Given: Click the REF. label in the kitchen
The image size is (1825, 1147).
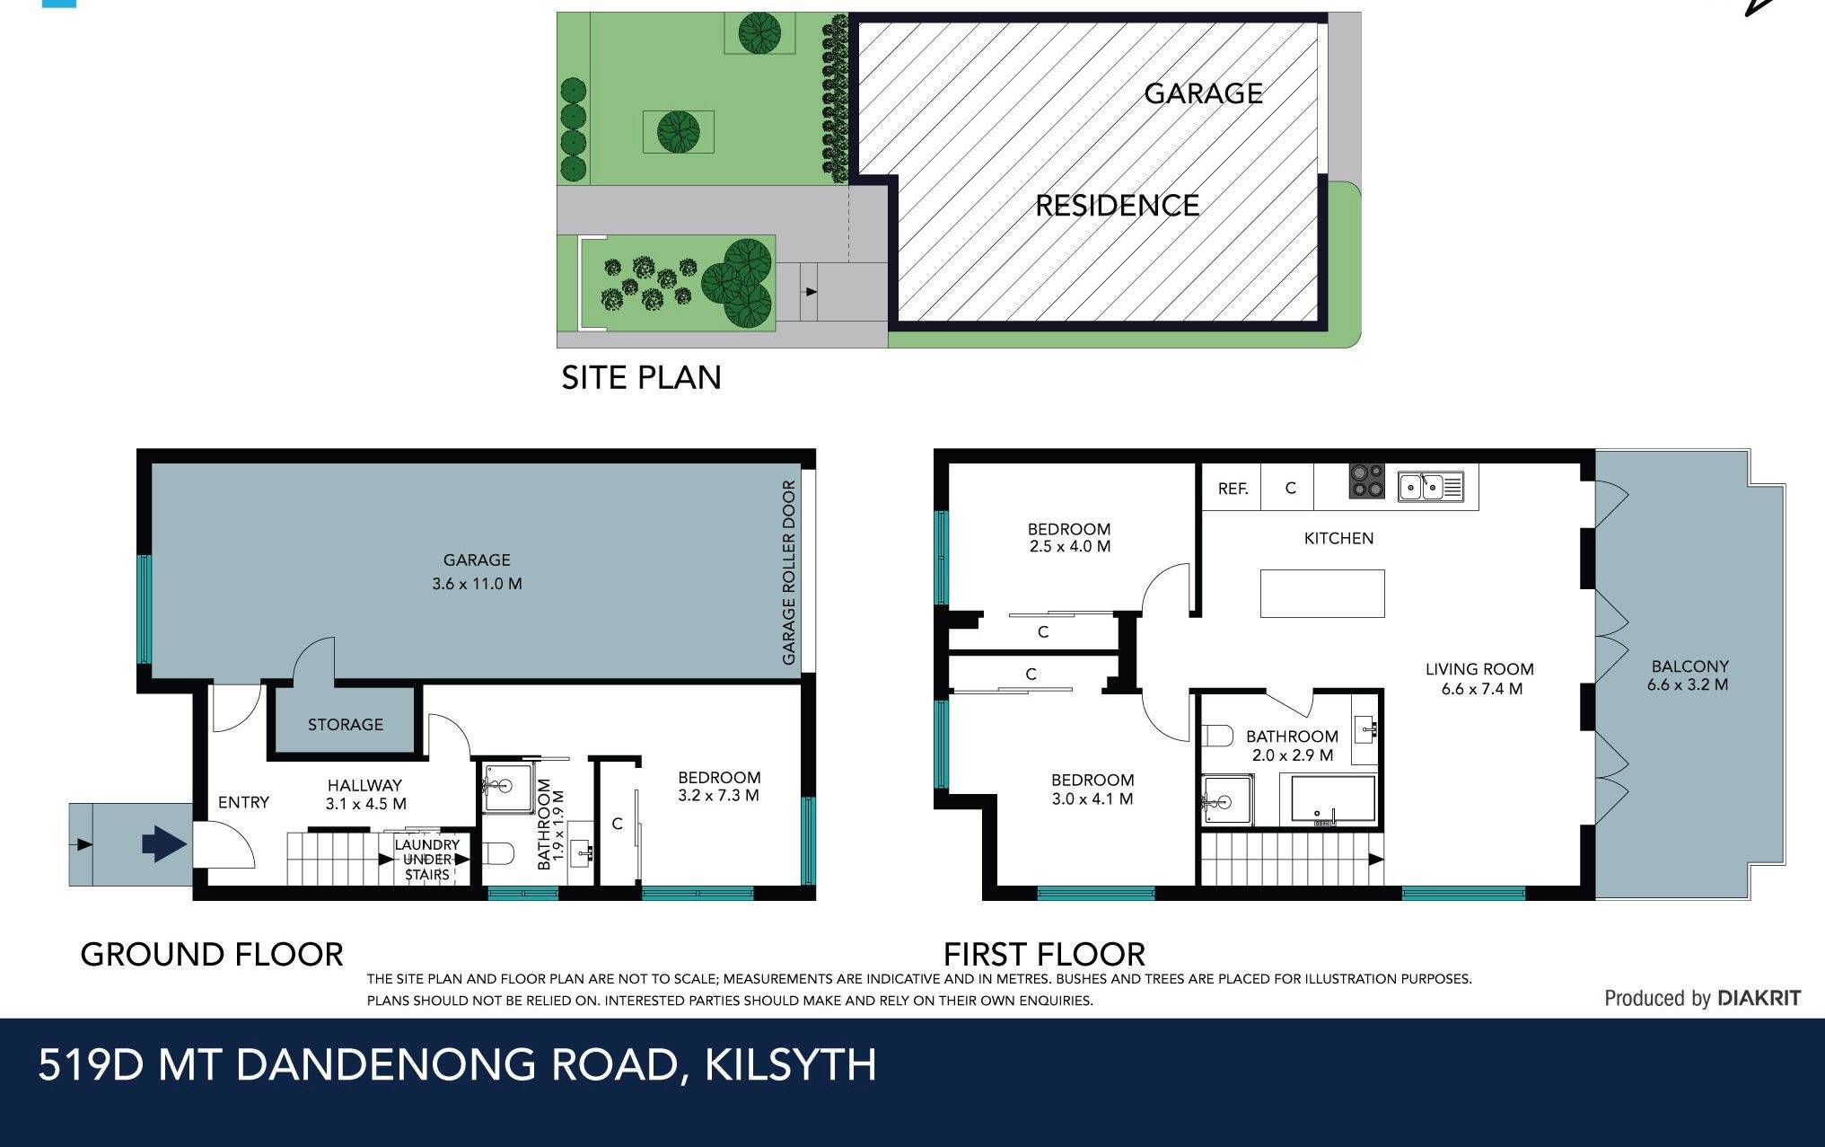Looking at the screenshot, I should [x=1233, y=489].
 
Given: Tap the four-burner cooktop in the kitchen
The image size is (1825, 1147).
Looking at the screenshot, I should [x=1367, y=481].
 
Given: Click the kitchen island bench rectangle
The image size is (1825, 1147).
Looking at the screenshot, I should [x=1322, y=594].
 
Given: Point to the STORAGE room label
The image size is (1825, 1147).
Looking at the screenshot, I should [x=345, y=724].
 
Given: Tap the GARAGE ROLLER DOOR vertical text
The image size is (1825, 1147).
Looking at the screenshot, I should [x=789, y=572].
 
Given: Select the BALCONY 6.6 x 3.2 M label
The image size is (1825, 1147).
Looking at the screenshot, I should [x=1689, y=675].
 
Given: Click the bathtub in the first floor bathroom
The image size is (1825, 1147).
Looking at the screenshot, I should [x=1332, y=799].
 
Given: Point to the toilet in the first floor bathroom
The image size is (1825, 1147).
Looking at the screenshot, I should [x=1217, y=737].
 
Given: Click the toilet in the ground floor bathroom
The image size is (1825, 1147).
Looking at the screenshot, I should [x=498, y=852].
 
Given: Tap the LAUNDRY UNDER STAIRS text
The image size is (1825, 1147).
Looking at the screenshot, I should [x=426, y=860].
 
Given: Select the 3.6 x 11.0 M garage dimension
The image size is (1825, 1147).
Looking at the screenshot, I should [x=477, y=584].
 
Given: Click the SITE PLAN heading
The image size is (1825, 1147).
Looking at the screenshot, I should [x=641, y=377].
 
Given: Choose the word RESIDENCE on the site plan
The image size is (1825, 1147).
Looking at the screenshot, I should [x=1117, y=206].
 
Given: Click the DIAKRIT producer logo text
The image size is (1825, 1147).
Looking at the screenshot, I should [x=1758, y=998].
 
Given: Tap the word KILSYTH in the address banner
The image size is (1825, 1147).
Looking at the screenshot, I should [x=790, y=1064].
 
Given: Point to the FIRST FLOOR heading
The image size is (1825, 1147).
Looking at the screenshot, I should [x=1044, y=954].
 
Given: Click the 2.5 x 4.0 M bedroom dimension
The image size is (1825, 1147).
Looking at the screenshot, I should [x=1069, y=546].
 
